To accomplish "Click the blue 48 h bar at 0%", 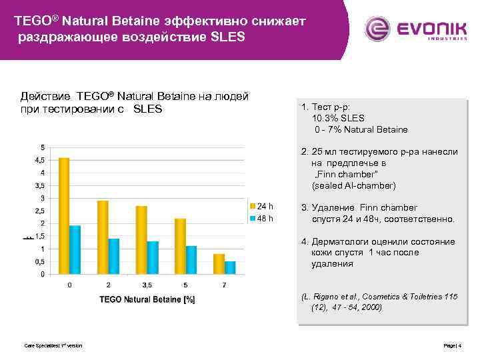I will (x=75, y=249).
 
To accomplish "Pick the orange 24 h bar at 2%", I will (x=103, y=237).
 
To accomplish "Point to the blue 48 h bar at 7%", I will (x=230, y=267).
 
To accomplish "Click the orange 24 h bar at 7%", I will (x=219, y=264).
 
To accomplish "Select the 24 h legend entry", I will (x=261, y=205).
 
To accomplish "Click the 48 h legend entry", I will (x=261, y=218).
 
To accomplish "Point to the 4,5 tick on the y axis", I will (x=39, y=160).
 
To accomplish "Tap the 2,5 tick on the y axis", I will (x=39, y=211).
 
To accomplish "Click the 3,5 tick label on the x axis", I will (x=147, y=285).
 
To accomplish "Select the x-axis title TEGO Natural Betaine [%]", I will (x=147, y=299).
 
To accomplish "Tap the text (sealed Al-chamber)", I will (x=353, y=185).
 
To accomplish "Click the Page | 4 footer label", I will (x=452, y=345).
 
